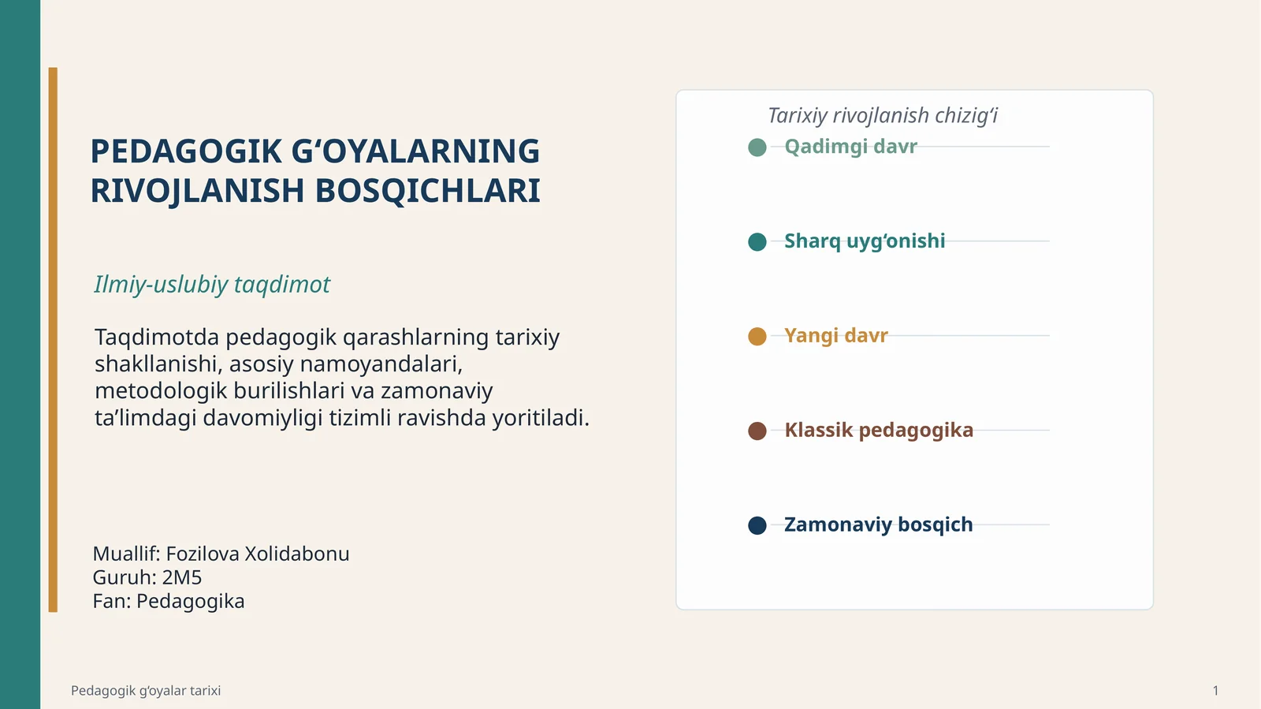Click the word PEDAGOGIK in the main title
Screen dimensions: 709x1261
click(186, 151)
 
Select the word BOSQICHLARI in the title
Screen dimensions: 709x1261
click(428, 191)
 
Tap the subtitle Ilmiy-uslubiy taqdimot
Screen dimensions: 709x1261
click(212, 284)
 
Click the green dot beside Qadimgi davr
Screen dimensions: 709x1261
click(757, 147)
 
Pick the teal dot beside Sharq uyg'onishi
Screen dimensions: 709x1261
click(757, 241)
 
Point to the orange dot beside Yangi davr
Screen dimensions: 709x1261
click(757, 337)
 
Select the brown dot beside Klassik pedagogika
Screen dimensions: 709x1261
click(757, 431)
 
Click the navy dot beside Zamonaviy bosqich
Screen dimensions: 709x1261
click(757, 525)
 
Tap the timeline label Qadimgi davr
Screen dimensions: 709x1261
click(850, 147)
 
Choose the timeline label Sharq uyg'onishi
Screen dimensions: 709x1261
click(865, 241)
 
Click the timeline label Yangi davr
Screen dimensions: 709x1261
click(835, 335)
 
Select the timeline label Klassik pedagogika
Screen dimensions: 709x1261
click(878, 430)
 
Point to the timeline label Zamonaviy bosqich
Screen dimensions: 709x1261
click(878, 524)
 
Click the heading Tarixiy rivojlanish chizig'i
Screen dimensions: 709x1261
click(883, 116)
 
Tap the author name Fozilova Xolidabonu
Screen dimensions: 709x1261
click(257, 554)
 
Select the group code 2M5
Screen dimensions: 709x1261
click(182, 577)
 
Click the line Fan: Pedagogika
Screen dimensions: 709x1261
click(169, 601)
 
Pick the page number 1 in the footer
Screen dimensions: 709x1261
click(1215, 691)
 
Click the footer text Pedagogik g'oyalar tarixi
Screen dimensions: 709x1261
click(146, 691)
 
